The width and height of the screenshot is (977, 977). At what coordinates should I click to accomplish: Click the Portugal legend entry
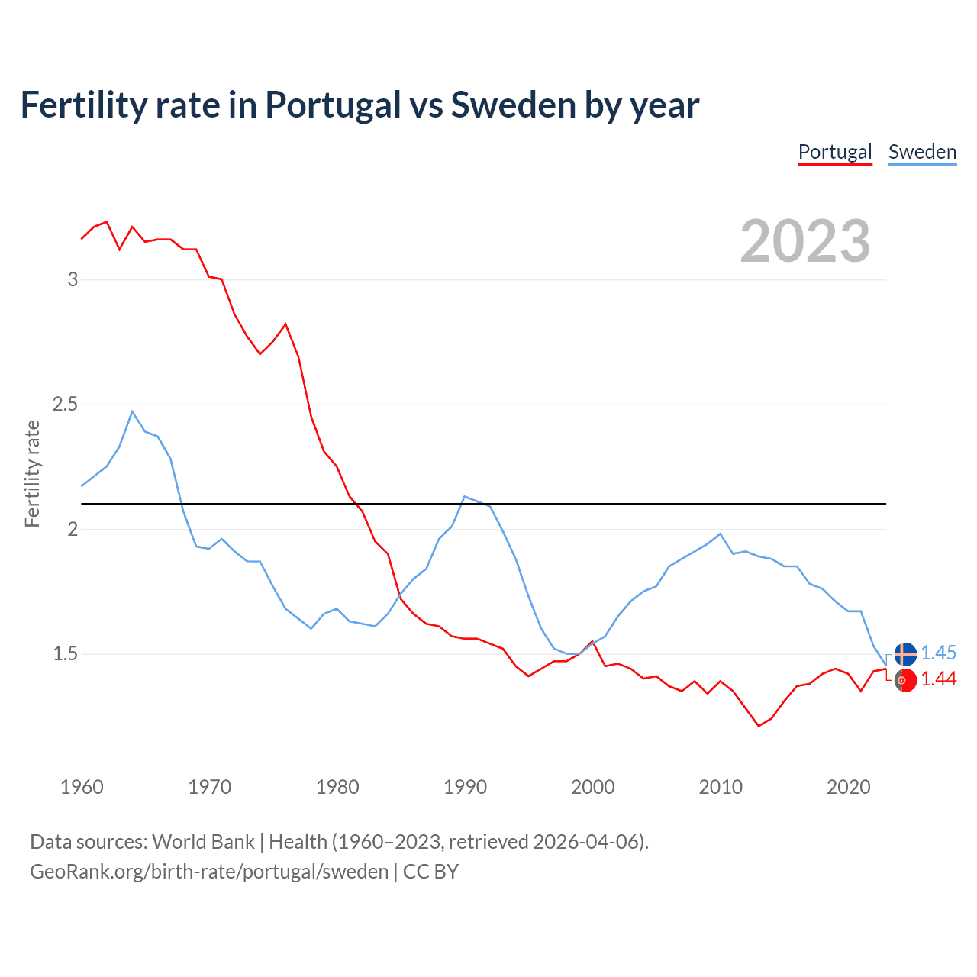(835, 152)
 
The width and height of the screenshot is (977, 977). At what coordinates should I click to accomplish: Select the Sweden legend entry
(922, 152)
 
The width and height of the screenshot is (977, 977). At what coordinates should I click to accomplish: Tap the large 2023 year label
(805, 241)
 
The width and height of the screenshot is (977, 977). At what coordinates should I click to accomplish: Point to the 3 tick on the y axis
(73, 279)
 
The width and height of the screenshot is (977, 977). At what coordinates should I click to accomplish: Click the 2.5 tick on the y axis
(66, 404)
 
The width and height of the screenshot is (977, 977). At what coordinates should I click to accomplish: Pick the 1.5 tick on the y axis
(66, 653)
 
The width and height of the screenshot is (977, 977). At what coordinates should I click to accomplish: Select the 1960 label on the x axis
(82, 787)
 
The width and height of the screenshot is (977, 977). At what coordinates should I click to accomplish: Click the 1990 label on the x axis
(465, 787)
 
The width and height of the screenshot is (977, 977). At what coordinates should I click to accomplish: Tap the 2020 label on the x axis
(848, 787)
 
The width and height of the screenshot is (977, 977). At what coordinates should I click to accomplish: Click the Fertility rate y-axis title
(32, 473)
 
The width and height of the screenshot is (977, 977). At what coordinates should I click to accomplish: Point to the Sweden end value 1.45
(938, 653)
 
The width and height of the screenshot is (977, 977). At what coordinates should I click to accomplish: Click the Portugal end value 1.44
(938, 679)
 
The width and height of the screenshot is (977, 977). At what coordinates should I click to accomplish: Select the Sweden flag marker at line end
(905, 654)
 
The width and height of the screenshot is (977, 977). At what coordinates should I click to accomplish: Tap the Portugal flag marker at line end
(905, 680)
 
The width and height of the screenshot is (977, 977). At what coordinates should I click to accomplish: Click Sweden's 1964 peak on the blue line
(133, 411)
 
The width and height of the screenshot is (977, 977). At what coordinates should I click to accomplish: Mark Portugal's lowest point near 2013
(759, 725)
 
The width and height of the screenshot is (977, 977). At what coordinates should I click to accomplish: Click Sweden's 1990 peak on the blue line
(465, 497)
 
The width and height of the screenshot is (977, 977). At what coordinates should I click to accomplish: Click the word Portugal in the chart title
(333, 105)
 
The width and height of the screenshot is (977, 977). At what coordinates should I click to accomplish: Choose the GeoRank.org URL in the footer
(209, 872)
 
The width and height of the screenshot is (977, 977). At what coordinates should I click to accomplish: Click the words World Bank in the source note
(203, 842)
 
